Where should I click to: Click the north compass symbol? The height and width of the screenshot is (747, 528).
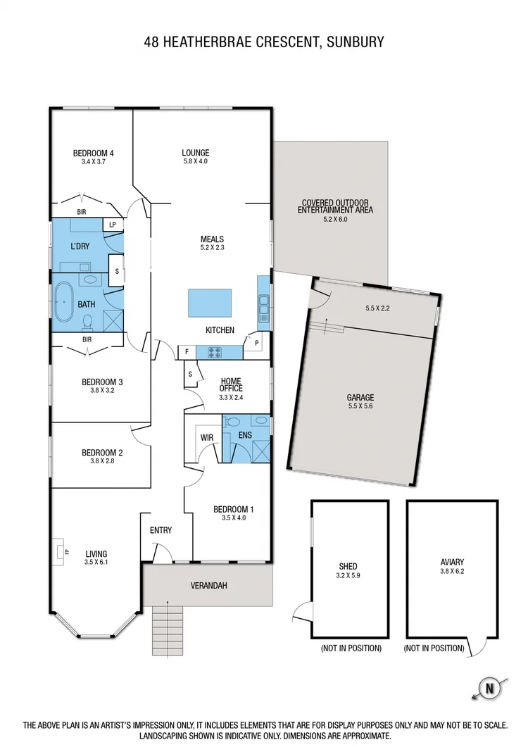[x=486, y=686]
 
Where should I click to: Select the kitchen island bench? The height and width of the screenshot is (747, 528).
[x=210, y=303]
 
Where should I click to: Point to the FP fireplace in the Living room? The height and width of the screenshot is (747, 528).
[x=61, y=552]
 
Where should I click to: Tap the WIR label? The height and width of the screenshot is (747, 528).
[x=207, y=437]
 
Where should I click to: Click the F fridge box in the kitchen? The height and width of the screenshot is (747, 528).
[x=187, y=351]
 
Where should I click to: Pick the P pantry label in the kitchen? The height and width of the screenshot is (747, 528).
[x=256, y=343]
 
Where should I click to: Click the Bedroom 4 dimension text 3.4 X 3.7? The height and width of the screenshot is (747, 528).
[x=93, y=162]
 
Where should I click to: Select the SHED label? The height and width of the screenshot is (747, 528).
[x=348, y=566]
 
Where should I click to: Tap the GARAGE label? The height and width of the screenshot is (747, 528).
[x=360, y=397]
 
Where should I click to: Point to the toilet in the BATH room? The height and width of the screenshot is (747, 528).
[x=88, y=321]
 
